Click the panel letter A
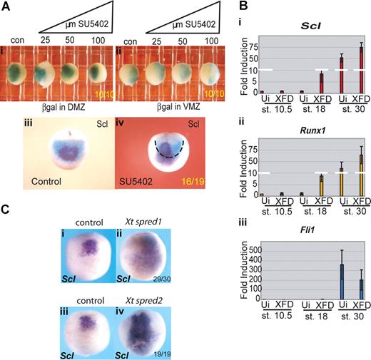tap(6, 6)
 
